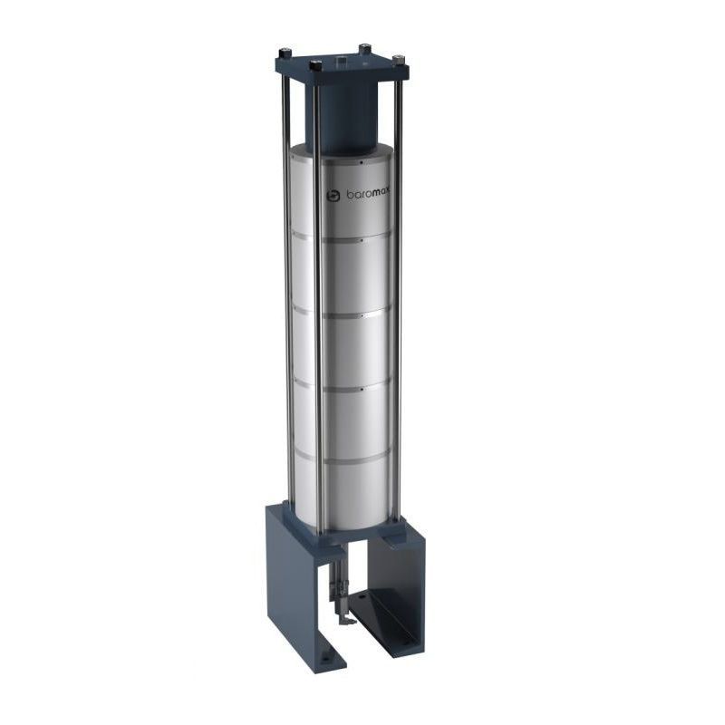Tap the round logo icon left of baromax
pos(333,195)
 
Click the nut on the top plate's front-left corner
pos(315,65)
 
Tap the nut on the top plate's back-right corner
pos(365,47)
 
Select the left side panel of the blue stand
pos(288,580)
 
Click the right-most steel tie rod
pos(396,299)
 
